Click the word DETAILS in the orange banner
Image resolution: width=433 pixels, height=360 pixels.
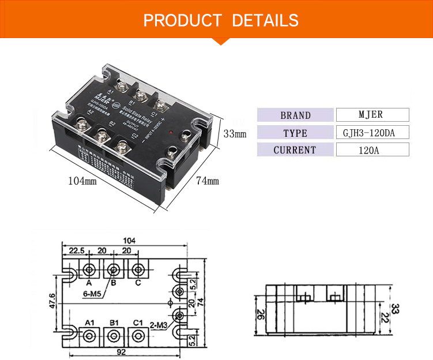(265, 20)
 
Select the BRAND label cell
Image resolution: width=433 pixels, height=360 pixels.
(295, 115)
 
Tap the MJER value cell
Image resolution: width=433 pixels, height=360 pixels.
(372, 115)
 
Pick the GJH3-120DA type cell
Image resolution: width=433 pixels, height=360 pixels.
(372, 133)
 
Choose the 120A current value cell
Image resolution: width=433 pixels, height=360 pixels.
(372, 150)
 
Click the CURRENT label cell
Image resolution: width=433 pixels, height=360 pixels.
(295, 150)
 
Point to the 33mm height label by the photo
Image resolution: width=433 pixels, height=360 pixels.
(235, 134)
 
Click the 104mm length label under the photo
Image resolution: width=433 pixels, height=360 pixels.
(83, 180)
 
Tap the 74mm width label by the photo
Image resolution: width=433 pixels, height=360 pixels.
(208, 181)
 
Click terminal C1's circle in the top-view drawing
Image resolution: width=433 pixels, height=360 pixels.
(137, 335)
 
